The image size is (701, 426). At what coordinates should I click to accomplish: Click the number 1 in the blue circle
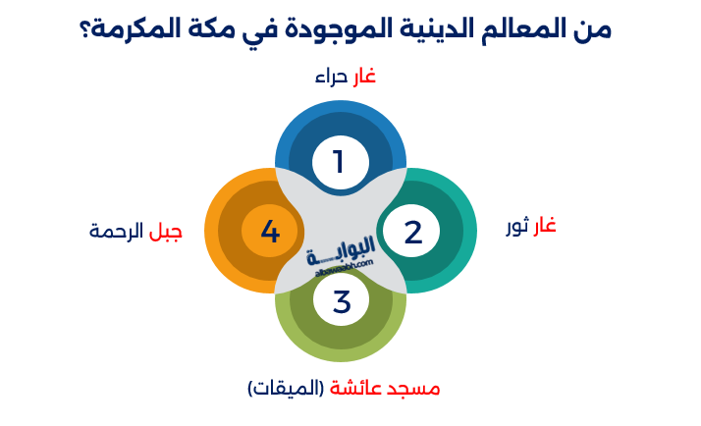[x=340, y=160]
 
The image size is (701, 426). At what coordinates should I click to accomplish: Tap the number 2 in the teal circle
[x=413, y=232]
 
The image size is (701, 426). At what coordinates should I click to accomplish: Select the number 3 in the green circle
[x=341, y=301]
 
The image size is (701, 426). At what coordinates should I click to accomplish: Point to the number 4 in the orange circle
[x=270, y=232]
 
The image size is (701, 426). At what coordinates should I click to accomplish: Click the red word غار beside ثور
[x=544, y=227]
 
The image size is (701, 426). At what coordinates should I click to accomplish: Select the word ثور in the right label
[x=516, y=227]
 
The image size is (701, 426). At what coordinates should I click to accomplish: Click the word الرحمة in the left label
[x=117, y=232]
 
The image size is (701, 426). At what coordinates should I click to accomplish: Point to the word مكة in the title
[x=222, y=28]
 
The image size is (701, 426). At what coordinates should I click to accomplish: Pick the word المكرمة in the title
[x=140, y=28]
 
